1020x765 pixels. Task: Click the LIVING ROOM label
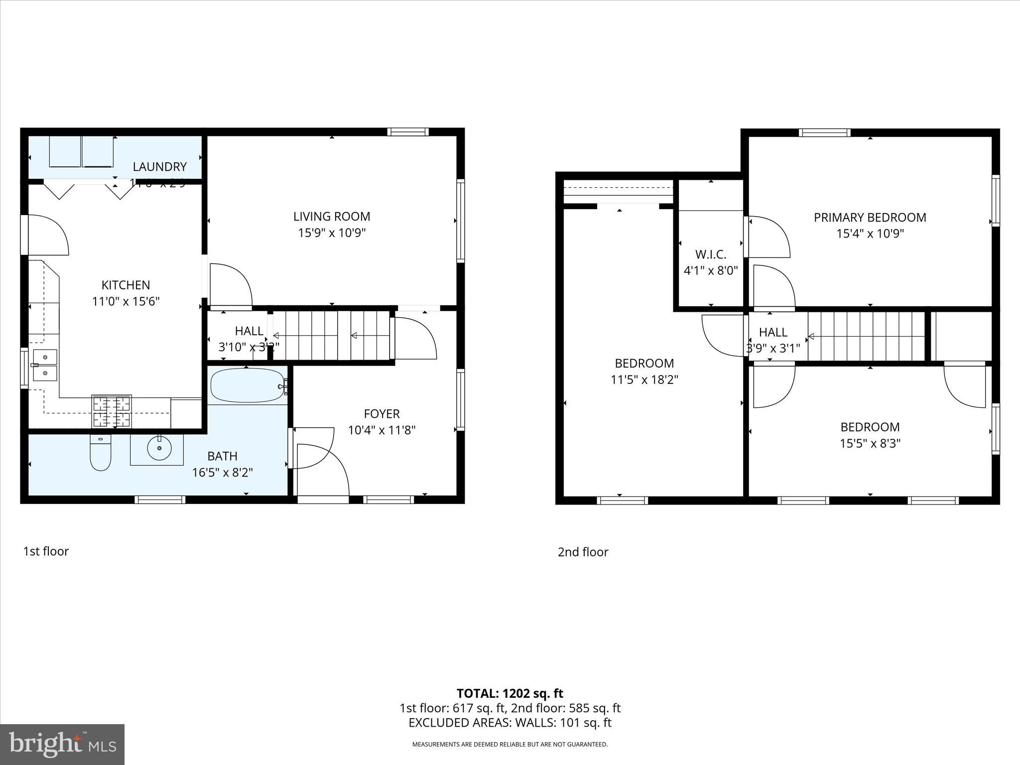332,217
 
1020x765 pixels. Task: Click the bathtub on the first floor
247,385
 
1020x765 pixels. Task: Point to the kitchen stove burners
112,411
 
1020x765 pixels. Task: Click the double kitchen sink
45,365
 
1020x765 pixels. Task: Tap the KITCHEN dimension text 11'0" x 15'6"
126,301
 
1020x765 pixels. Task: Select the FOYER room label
382,414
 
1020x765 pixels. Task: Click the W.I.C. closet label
711,255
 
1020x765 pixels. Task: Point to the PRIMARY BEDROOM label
870,218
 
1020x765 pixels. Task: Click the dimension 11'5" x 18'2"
644,380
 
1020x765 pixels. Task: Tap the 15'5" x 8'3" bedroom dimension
870,443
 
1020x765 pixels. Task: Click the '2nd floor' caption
583,552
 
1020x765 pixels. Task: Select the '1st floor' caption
46,551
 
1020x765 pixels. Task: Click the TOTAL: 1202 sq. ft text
510,693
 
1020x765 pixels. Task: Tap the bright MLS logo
62,744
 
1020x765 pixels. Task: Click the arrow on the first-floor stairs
354,336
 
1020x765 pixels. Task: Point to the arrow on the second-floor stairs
811,337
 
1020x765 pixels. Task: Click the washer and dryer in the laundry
81,151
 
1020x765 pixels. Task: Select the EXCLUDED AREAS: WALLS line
510,723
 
